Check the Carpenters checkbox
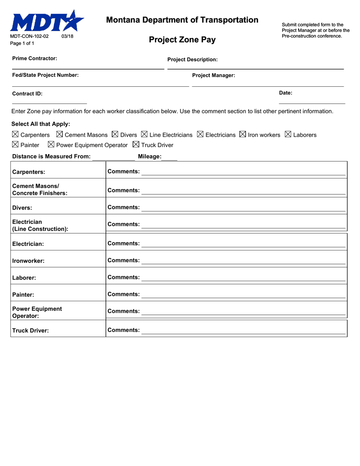coord(15,134)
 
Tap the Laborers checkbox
coord(288,134)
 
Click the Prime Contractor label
coord(34,58)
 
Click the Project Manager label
coord(213,75)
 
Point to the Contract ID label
coord(27,94)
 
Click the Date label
coord(285,92)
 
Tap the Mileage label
coord(150,156)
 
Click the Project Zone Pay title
coord(182,40)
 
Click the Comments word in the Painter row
coord(124,294)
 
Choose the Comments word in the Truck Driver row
coord(124,330)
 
